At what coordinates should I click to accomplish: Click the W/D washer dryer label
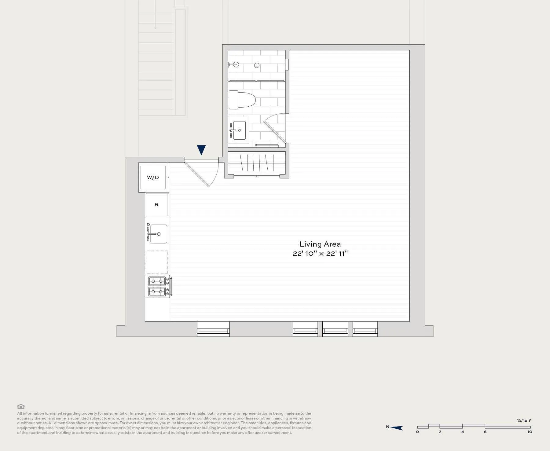tap(153, 178)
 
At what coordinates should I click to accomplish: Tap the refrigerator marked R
tap(156, 205)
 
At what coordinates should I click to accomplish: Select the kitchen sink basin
tap(159, 234)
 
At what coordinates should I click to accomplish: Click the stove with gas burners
tap(158, 286)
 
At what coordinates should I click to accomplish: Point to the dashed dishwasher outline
tap(157, 262)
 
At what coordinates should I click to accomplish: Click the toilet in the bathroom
tap(241, 100)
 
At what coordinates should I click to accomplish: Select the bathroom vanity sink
tap(239, 130)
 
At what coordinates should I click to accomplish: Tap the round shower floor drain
tap(257, 65)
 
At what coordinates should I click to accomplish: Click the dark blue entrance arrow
tap(201, 150)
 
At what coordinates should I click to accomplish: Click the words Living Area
tap(320, 244)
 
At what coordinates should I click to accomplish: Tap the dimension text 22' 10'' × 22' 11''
tap(320, 254)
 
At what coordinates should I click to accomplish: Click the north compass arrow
tap(397, 427)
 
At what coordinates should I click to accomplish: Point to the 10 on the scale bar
tap(530, 432)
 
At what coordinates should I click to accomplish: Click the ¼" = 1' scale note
tap(524, 421)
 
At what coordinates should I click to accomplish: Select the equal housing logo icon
tap(21, 406)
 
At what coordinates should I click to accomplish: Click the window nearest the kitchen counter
tap(213, 330)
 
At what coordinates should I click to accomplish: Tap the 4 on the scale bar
tap(462, 432)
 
